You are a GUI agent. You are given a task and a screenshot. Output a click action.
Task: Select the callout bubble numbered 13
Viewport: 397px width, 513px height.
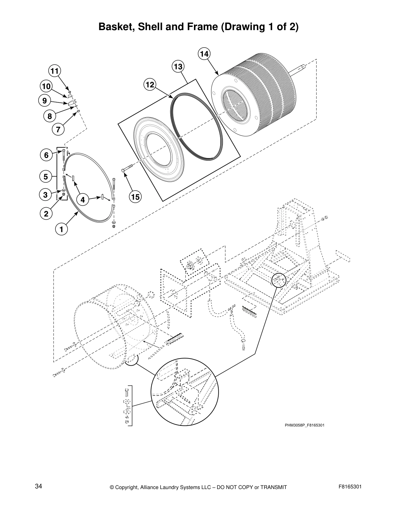click(x=178, y=67)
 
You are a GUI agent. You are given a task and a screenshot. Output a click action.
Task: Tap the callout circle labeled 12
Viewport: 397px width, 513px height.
click(x=150, y=85)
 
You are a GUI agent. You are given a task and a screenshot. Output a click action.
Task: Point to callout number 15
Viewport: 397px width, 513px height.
click(x=135, y=197)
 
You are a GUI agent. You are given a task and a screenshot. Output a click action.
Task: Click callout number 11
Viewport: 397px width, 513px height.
click(x=54, y=71)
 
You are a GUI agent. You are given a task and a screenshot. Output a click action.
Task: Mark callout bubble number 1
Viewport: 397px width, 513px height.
click(x=61, y=229)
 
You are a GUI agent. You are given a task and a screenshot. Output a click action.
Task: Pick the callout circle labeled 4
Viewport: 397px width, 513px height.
click(x=83, y=200)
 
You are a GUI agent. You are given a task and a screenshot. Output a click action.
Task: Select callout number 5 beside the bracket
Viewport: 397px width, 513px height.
click(x=46, y=177)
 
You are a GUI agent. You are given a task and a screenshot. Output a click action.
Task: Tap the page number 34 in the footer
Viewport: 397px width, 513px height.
click(x=39, y=487)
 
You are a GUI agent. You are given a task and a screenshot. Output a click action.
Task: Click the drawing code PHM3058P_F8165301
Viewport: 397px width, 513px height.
click(x=305, y=425)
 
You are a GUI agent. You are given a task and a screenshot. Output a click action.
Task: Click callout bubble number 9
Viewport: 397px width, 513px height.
click(x=44, y=101)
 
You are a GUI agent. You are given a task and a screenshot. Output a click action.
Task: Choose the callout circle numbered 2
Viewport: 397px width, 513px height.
click(x=46, y=213)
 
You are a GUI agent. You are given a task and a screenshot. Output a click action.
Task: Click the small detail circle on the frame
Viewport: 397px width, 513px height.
click(x=279, y=280)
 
